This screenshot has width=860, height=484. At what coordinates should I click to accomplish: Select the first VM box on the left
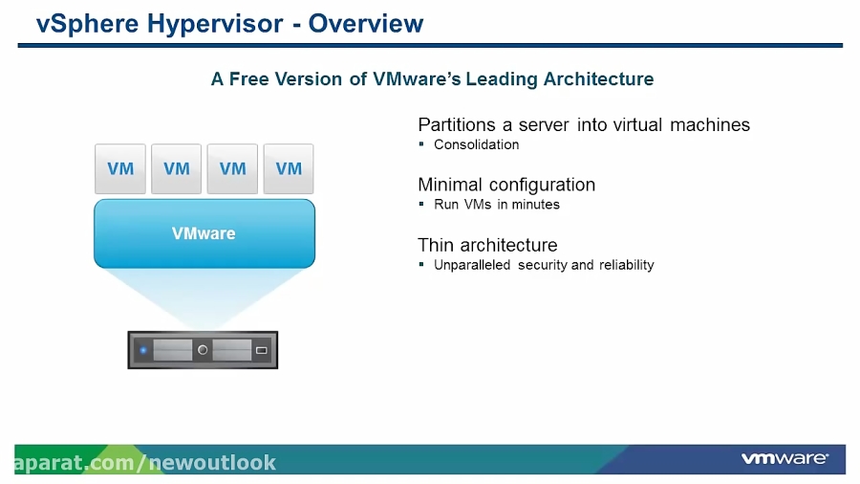(120, 168)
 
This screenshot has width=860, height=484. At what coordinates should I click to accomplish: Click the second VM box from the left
(177, 168)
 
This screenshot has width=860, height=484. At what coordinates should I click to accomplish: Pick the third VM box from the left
(232, 168)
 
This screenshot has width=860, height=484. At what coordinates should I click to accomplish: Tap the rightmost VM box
(289, 168)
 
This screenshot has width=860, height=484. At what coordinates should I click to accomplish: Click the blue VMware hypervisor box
(204, 233)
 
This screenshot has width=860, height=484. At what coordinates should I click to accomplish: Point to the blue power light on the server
(143, 350)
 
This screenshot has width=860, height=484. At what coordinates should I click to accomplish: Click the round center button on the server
(203, 350)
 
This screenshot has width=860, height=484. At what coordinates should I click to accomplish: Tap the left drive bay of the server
(173, 350)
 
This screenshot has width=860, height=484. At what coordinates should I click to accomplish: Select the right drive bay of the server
(231, 350)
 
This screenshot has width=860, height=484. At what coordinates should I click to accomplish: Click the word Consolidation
(476, 144)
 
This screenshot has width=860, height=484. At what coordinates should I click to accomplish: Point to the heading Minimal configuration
(506, 185)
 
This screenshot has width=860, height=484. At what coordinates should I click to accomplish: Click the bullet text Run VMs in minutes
(496, 205)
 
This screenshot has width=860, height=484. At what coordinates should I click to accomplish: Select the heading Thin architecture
(487, 245)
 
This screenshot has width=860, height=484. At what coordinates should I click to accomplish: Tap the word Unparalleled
(472, 265)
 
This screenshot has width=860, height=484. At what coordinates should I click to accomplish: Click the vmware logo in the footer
(784, 459)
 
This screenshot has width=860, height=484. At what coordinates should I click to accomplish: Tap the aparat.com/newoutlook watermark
(144, 463)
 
